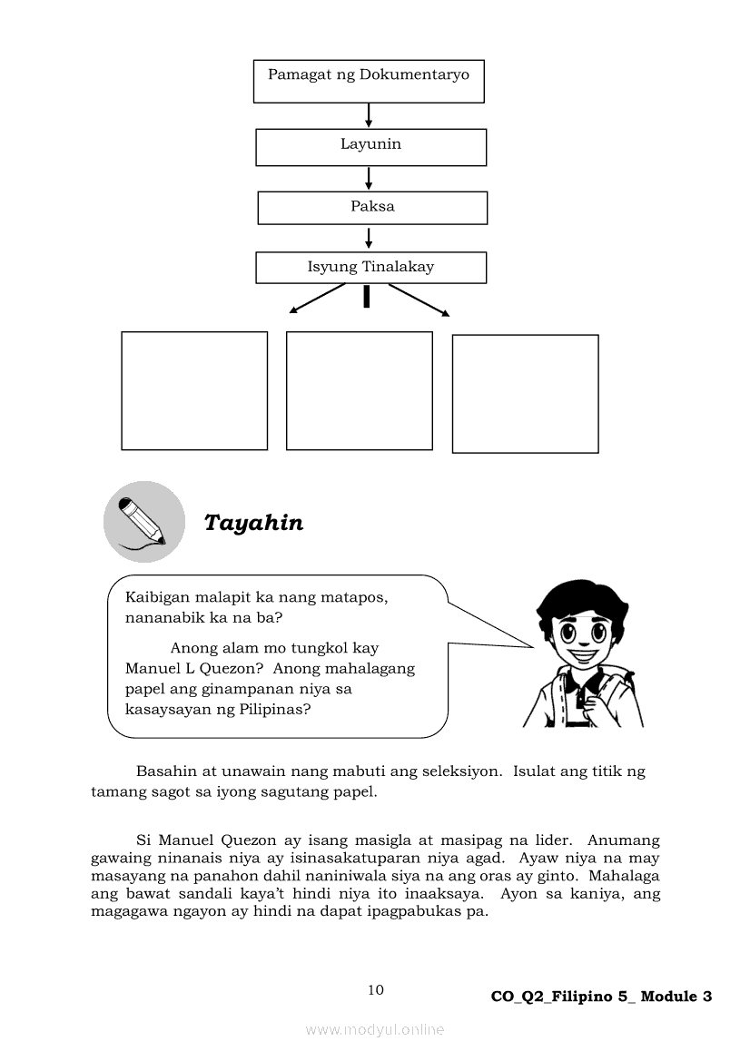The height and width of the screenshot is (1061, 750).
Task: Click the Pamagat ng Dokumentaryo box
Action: click(368, 81)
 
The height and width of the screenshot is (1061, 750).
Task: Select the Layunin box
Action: click(370, 147)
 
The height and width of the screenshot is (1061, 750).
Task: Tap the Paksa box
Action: click(372, 208)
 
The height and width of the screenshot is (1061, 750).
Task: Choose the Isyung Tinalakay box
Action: click(370, 268)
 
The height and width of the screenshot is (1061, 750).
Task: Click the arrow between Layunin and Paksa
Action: click(369, 178)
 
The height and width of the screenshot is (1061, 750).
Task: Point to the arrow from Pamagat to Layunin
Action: click(369, 115)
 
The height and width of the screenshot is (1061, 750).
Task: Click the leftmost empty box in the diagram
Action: click(194, 390)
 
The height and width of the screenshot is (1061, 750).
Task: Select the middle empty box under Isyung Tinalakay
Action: click(360, 390)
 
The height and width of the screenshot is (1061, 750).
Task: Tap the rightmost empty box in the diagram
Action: click(525, 394)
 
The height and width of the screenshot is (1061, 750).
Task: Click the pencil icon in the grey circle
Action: click(143, 522)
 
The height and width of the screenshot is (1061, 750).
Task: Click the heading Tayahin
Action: click(253, 524)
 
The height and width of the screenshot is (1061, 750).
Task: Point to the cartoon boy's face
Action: click(574, 627)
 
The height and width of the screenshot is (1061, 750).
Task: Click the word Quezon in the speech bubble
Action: click(219, 669)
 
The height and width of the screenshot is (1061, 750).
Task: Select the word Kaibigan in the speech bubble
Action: click(159, 598)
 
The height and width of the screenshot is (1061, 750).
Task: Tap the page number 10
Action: click(376, 990)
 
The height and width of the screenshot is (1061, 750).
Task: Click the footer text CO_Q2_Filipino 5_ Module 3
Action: click(601, 997)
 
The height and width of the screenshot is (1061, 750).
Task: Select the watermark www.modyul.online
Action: click(375, 1029)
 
